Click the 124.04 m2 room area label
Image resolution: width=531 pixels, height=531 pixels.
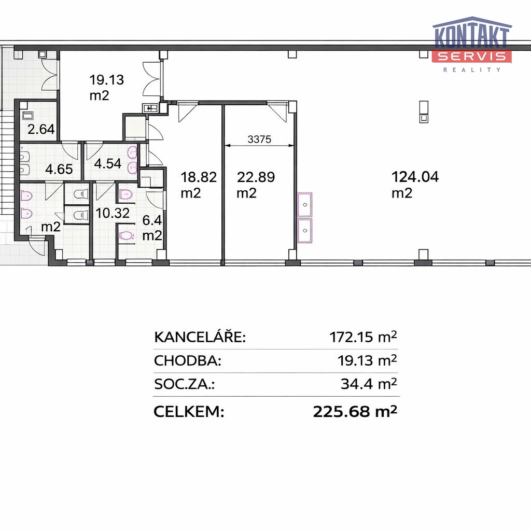[x=415, y=185]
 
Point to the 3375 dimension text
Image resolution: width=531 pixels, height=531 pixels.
[x=259, y=139]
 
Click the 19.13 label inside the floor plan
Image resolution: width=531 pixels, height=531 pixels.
[x=106, y=80]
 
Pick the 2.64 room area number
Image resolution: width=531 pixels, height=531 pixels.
[x=41, y=129]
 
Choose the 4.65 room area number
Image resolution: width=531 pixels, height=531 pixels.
[x=59, y=169]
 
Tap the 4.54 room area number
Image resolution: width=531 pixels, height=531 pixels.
[x=108, y=163]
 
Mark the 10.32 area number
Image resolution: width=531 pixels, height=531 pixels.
[x=113, y=213]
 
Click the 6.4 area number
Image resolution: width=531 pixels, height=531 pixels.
[x=152, y=220]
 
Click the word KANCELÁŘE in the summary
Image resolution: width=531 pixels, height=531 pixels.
[x=200, y=337]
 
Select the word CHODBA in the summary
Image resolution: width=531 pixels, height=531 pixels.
[x=188, y=361]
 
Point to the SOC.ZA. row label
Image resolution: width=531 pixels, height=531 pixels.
[x=185, y=384]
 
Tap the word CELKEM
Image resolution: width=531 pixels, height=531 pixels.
[x=189, y=411]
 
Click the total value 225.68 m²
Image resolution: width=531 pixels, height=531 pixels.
[x=355, y=411]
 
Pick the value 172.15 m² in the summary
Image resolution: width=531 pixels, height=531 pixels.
[x=363, y=337]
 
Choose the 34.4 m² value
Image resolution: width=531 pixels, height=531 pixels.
[x=369, y=384]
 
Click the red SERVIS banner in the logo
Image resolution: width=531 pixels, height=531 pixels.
[x=472, y=56]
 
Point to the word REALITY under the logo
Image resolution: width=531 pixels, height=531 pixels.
[x=472, y=70]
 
